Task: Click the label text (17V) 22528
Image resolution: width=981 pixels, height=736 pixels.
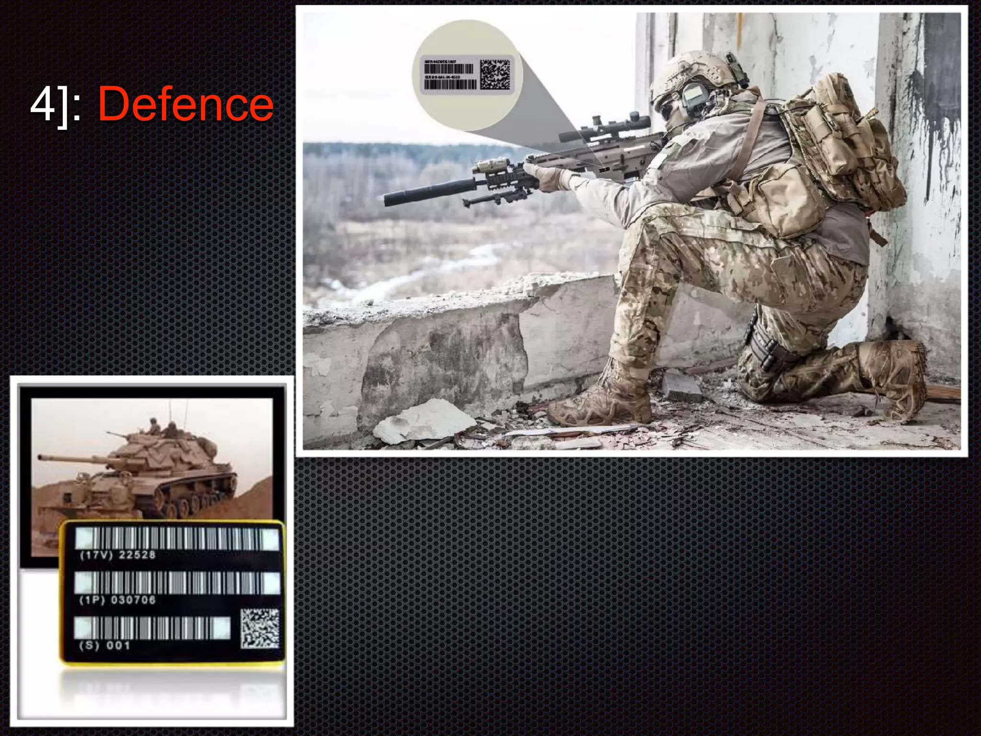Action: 118,555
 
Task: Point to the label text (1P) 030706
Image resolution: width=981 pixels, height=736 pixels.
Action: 117,600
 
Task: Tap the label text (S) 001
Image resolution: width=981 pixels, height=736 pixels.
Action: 104,645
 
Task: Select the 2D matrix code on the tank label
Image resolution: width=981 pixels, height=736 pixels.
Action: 260,628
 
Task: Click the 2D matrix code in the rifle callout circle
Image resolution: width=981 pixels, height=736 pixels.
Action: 495,74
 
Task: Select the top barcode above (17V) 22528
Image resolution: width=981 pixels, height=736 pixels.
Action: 177,538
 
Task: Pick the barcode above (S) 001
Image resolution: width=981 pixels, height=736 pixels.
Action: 152,627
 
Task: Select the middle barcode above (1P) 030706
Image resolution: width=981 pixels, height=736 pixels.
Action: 177,583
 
